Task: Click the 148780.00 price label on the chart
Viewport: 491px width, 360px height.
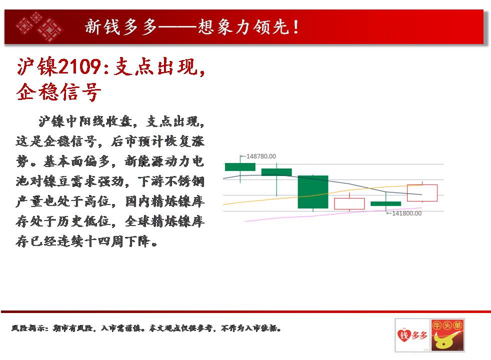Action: tap(261, 156)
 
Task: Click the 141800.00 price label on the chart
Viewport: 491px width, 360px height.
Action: tap(406, 213)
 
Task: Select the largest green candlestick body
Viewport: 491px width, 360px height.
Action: tap(313, 192)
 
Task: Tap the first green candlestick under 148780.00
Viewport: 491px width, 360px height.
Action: tap(240, 167)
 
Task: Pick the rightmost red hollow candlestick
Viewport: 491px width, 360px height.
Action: tap(422, 193)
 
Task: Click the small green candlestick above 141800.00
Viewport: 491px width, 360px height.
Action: tap(386, 204)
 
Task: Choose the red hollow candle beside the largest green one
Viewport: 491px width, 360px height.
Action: tap(349, 204)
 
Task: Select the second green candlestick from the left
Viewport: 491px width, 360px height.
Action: tap(276, 172)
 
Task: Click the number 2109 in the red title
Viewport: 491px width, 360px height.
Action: tap(80, 66)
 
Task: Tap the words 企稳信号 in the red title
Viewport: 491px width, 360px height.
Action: tap(59, 91)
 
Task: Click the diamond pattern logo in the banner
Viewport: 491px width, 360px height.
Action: tap(39, 26)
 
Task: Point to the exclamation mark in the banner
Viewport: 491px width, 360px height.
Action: tap(295, 27)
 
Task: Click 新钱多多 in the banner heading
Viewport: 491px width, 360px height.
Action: tap(120, 26)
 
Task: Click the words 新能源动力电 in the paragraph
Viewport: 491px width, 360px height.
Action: tap(164, 161)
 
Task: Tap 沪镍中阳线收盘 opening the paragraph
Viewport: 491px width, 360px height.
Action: tap(85, 121)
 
